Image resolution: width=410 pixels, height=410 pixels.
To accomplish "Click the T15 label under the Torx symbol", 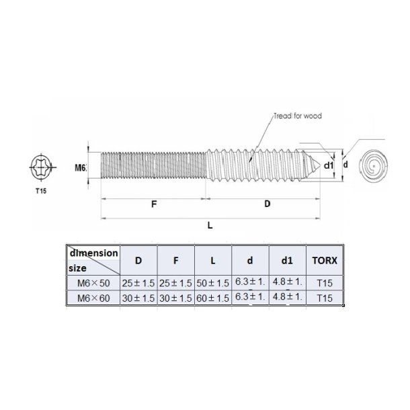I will click(x=42, y=192).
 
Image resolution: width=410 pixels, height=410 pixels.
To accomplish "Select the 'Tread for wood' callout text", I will click(x=298, y=116).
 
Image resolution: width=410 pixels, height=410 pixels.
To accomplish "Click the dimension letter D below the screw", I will click(x=268, y=203).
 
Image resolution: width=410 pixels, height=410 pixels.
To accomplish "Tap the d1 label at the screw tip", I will click(x=329, y=165).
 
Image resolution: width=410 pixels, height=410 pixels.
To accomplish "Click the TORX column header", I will click(x=322, y=260).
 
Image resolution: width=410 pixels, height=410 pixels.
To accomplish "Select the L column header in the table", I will click(x=213, y=260).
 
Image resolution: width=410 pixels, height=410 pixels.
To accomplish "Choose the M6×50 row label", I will click(x=93, y=284).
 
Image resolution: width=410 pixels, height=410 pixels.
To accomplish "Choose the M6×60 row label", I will click(x=93, y=298).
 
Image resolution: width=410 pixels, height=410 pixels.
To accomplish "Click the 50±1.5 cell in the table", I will click(x=213, y=284).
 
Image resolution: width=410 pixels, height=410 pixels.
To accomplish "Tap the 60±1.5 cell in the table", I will click(x=213, y=298).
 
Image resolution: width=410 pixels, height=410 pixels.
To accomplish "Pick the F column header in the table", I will click(x=175, y=260).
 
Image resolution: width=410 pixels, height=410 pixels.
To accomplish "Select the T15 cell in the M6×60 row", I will click(x=322, y=298).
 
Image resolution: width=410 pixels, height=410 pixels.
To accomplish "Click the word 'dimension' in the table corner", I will click(x=93, y=253).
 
